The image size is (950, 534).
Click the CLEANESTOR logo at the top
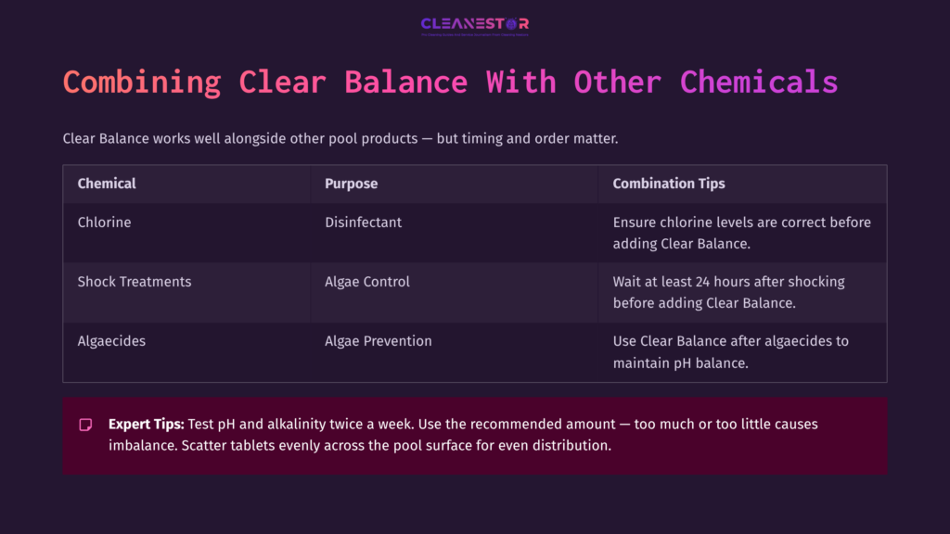coord(474,24)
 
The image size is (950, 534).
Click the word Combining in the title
coord(142,82)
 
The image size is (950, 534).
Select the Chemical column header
coord(107,184)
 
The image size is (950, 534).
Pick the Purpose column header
coord(351,184)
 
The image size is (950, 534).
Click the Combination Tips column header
coord(669,184)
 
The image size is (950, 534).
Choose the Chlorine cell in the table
coord(104,222)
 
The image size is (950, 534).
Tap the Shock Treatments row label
coord(135,282)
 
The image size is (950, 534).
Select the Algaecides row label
coord(111,341)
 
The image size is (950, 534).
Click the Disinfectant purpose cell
coord(363,222)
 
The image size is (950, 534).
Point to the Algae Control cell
coord(367,282)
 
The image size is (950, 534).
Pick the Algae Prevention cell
coord(378,341)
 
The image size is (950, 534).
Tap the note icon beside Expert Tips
coord(85,425)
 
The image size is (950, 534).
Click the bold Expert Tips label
coord(146,424)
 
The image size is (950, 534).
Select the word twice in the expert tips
coord(366,424)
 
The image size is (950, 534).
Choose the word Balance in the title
coord(405,82)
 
